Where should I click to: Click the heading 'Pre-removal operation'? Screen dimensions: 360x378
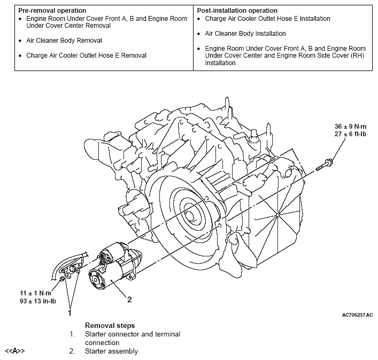tap(52, 11)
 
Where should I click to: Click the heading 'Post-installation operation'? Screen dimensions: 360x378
tap(237, 11)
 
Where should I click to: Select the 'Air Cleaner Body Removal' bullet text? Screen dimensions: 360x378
tap(64, 41)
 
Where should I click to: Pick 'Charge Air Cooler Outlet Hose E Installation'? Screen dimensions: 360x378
tap(267, 19)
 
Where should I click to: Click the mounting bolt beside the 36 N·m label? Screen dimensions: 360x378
tap(325, 163)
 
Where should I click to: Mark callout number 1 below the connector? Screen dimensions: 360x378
tap(69, 313)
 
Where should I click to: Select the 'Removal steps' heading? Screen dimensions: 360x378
tap(110, 325)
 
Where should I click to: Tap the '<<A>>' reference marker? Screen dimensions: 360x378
tap(15, 351)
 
